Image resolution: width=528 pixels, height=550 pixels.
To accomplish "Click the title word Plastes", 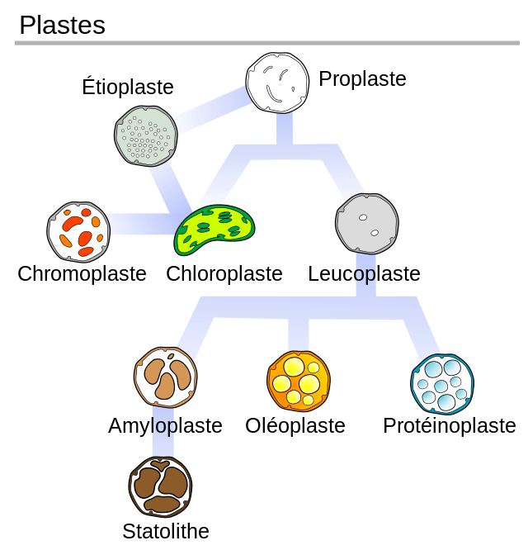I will click(x=62, y=25).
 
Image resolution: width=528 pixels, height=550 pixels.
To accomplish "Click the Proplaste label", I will click(x=362, y=78).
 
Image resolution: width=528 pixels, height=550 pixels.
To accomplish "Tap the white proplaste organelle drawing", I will click(x=277, y=82).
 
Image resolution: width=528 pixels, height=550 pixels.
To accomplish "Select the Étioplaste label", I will click(x=128, y=87).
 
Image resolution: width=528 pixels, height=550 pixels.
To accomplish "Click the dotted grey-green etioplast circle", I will click(x=146, y=136).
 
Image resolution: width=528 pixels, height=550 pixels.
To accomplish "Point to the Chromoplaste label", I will click(x=82, y=273).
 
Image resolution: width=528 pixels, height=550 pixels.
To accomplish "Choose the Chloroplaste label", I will click(x=224, y=273).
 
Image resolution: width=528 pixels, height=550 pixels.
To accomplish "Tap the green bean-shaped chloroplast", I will click(x=214, y=230).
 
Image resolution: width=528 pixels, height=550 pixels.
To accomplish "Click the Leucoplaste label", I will click(x=364, y=273).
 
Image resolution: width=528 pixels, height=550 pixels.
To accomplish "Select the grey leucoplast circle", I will click(x=367, y=224).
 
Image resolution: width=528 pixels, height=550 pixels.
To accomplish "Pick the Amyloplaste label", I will click(x=165, y=425).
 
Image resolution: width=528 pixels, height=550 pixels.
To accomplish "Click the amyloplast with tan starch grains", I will click(x=165, y=377).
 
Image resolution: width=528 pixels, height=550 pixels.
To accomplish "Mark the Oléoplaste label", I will click(x=295, y=425).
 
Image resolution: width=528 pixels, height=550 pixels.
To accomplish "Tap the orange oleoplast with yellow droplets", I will click(x=299, y=380).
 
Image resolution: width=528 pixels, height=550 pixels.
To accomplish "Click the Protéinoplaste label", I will click(x=449, y=425).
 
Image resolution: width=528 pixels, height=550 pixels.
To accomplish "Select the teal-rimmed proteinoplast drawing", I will click(x=442, y=383).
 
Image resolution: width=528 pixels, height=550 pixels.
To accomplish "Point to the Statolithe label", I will click(x=165, y=531).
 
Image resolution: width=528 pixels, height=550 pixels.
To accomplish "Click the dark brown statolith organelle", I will click(x=160, y=487).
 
